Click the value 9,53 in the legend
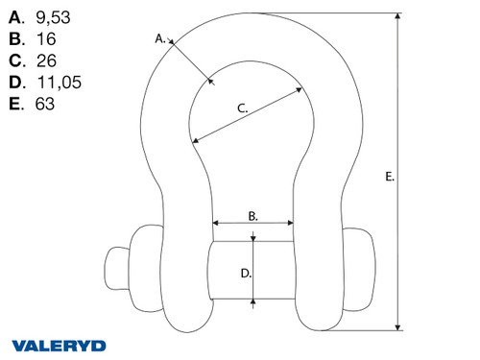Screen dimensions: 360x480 [52, 15]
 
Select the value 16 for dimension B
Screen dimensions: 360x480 [43, 38]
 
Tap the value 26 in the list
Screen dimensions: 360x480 [45, 60]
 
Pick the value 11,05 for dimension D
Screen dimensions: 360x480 [58, 83]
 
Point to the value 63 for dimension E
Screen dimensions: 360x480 [43, 105]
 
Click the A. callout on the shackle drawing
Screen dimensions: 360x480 [160, 39]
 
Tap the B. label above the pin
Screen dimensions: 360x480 [252, 217]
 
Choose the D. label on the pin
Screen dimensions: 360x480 [245, 274]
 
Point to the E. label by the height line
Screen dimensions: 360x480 [388, 177]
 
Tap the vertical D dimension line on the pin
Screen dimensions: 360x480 [253, 273]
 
